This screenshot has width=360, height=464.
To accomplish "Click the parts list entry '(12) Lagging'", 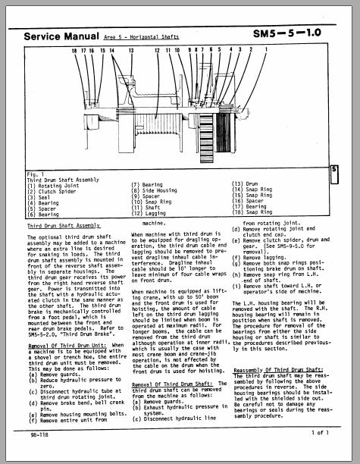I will click(x=152, y=214).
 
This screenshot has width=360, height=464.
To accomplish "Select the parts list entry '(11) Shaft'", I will click(x=149, y=208).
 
